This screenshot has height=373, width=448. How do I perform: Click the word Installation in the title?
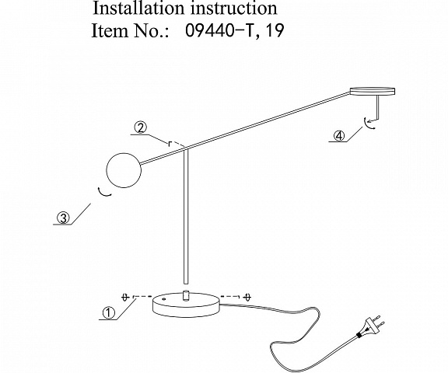[138, 8]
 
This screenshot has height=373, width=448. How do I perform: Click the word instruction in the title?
[234, 8]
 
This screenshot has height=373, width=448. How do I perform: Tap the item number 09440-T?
[219, 30]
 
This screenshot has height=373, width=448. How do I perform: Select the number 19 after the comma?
[275, 30]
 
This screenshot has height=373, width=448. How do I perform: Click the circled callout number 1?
[109, 313]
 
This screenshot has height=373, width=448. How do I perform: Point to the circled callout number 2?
[140, 128]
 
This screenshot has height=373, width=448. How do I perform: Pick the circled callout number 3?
[63, 218]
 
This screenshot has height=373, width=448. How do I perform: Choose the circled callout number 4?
[339, 135]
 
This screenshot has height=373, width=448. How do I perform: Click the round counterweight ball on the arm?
[124, 170]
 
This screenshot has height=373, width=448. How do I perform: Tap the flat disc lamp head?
[373, 91]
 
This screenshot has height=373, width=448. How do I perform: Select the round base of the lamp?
[187, 305]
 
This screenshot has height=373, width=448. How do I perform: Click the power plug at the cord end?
[369, 327]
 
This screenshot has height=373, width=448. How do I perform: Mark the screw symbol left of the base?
[124, 297]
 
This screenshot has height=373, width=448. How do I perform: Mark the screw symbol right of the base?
[248, 297]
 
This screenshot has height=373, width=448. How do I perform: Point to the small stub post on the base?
[186, 295]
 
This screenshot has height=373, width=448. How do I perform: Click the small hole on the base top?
[164, 299]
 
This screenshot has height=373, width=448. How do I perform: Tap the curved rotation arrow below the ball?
[103, 193]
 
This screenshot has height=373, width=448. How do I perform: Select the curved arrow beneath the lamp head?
[367, 124]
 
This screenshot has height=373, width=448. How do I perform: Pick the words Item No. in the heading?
[131, 30]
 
